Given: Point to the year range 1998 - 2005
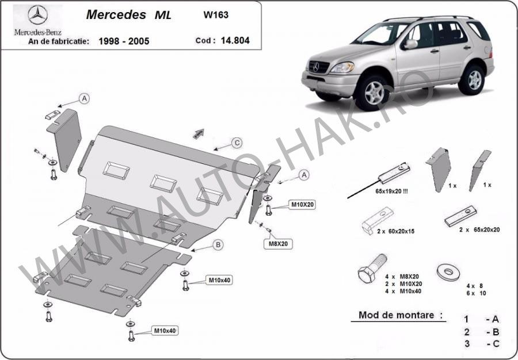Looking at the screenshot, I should (124, 42).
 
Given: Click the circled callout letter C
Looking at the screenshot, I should (236, 143).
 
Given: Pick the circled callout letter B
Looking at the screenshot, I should (218, 245).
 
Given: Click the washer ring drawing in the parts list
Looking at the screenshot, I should (448, 271).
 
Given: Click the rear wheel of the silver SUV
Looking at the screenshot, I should (474, 79).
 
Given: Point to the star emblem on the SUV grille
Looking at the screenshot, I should (315, 67).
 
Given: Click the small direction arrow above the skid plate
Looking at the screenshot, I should (199, 133).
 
